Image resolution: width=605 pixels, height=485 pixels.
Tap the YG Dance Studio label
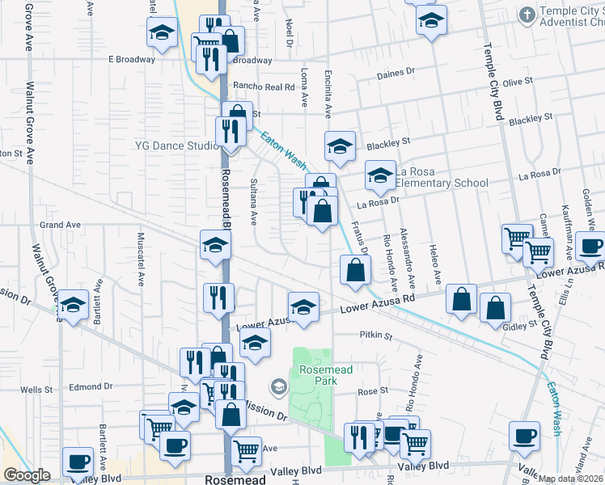click(177, 145)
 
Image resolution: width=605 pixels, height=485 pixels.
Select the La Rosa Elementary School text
click(442, 177)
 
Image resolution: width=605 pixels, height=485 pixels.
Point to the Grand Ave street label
click(61, 225)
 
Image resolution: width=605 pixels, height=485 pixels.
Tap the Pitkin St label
click(375, 335)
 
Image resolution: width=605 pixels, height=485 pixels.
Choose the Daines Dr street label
click(396, 75)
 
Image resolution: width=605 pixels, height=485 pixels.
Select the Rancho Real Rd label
click(260, 86)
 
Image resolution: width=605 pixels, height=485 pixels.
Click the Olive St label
click(518, 82)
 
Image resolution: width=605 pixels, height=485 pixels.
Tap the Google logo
click(27, 475)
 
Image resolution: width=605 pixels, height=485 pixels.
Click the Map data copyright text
click(572, 479)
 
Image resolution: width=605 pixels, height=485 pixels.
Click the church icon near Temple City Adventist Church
click(527, 15)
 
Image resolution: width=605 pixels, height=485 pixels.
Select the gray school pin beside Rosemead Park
click(278, 387)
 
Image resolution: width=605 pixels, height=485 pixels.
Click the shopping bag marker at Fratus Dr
click(354, 270)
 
